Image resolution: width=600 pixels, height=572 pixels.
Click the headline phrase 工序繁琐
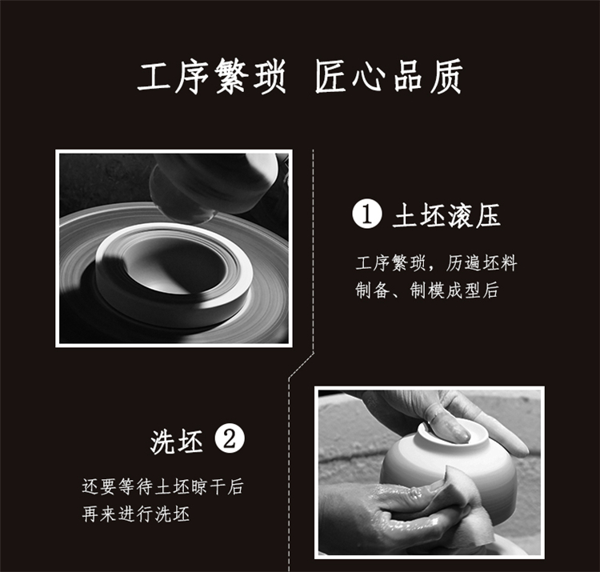212,77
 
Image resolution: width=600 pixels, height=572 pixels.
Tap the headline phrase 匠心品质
389,77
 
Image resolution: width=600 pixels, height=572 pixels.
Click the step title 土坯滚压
446,215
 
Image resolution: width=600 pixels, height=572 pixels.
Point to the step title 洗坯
177,442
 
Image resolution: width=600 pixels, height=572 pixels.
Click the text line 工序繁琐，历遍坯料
437,263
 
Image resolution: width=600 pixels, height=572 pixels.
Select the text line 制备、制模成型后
427,290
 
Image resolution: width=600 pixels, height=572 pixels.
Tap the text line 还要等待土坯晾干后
162,487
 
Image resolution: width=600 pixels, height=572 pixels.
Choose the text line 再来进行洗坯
136,514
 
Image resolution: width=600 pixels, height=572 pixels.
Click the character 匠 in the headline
331,77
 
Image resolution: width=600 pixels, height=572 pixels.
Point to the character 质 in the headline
446,77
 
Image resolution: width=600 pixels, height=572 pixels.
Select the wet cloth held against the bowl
455,498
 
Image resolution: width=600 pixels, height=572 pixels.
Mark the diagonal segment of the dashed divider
302,365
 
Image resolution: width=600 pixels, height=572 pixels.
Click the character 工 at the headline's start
154,77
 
